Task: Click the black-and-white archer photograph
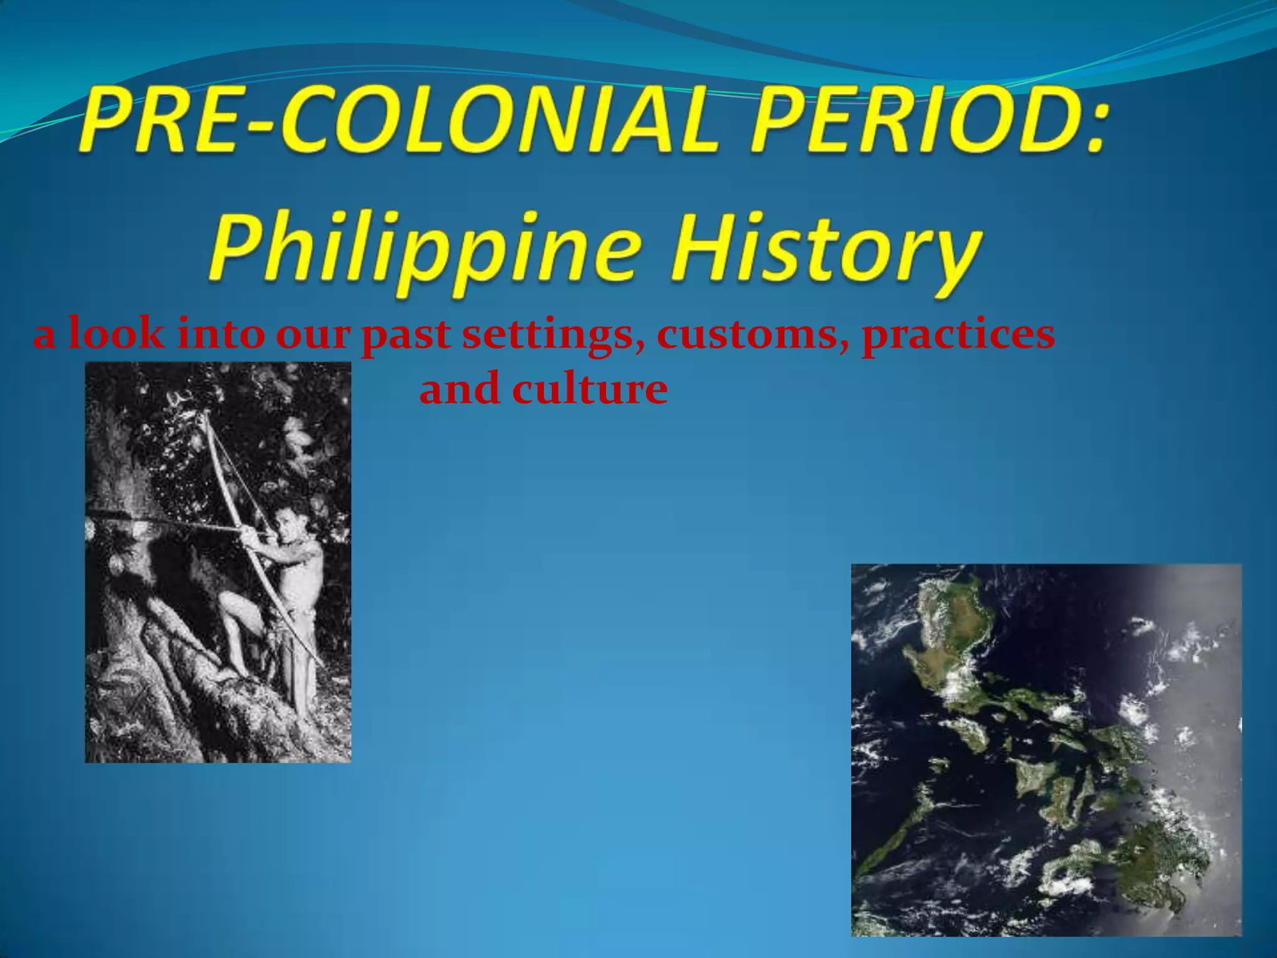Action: (x=218, y=561)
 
